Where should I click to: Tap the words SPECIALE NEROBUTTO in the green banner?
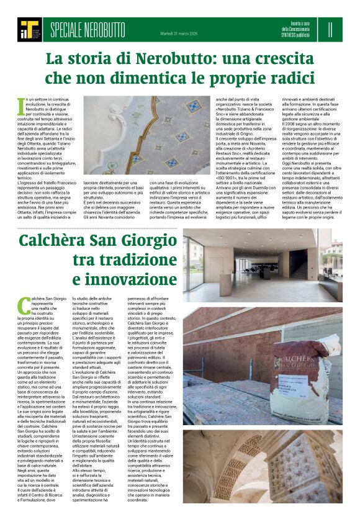point(88,29)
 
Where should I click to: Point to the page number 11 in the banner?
point(331,29)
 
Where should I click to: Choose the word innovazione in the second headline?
point(136,278)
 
